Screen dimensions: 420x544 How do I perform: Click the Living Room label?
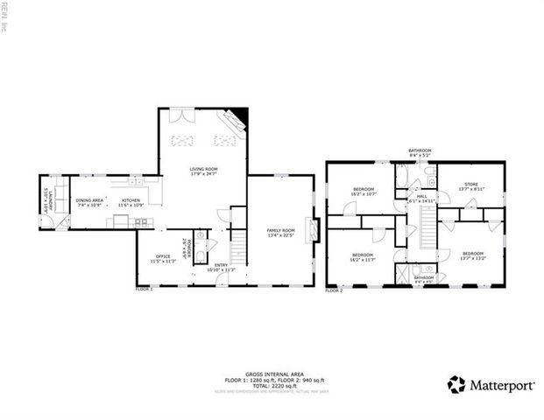203,171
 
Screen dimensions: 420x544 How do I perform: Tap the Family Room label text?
280,232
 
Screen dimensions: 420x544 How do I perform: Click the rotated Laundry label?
49,200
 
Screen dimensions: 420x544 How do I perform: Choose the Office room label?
163,258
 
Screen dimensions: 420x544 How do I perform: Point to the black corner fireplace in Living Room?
242,115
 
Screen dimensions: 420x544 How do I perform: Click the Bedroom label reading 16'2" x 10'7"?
364,192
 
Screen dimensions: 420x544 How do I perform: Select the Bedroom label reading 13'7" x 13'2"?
473,232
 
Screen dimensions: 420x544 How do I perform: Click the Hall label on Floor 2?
421,198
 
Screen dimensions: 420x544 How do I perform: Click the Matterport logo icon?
456,383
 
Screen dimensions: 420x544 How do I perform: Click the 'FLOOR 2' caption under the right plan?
334,289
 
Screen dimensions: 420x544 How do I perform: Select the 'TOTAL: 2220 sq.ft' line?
268,386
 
